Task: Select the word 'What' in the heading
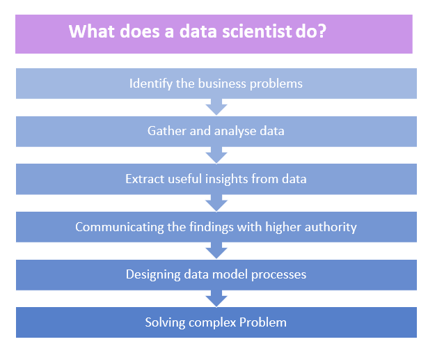pyautogui.click(x=93, y=32)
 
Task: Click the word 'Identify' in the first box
pyautogui.click(x=150, y=84)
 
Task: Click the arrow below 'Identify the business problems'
pyautogui.click(x=216, y=107)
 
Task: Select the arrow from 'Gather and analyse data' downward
pyautogui.click(x=216, y=154)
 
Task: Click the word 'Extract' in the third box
pyautogui.click(x=145, y=179)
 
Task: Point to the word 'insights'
pyautogui.click(x=233, y=179)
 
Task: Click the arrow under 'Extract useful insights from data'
pyautogui.click(x=216, y=202)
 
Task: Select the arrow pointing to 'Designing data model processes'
pyautogui.click(x=216, y=250)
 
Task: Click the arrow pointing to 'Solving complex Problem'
pyautogui.click(x=216, y=298)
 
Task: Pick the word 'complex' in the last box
pyautogui.click(x=209, y=323)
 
